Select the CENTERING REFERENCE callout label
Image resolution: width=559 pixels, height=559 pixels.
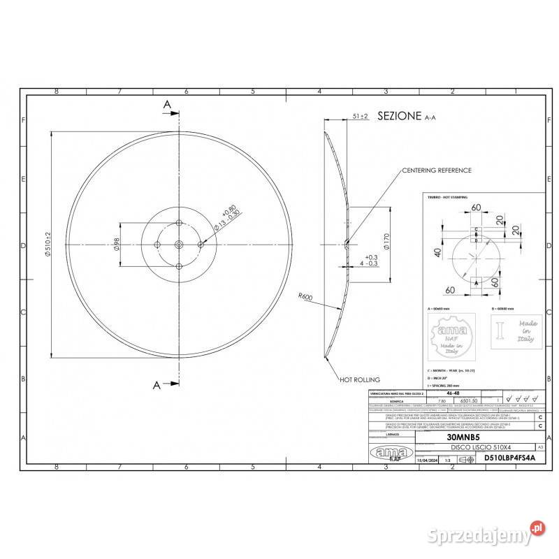click(436, 170)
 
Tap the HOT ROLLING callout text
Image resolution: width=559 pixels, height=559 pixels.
click(360, 380)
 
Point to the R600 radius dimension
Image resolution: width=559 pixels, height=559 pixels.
click(304, 297)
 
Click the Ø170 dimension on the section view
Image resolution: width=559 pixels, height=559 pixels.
click(385, 242)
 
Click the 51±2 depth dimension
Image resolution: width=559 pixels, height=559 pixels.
click(361, 116)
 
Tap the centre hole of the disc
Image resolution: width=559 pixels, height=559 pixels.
click(179, 243)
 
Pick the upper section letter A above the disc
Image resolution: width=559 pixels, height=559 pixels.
click(167, 103)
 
